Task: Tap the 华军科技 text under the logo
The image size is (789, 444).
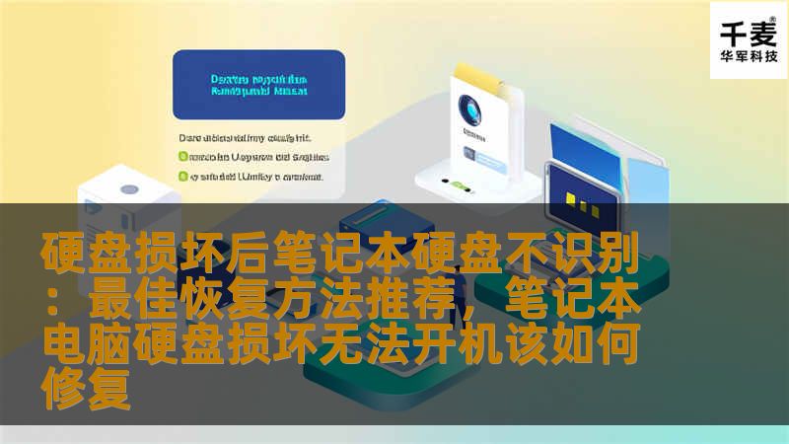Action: [x=749, y=56]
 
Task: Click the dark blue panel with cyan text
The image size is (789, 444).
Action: [x=258, y=85]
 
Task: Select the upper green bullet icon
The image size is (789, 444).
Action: [x=182, y=156]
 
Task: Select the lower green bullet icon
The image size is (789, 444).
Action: [x=182, y=177]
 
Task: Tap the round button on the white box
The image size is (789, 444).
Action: [x=128, y=189]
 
